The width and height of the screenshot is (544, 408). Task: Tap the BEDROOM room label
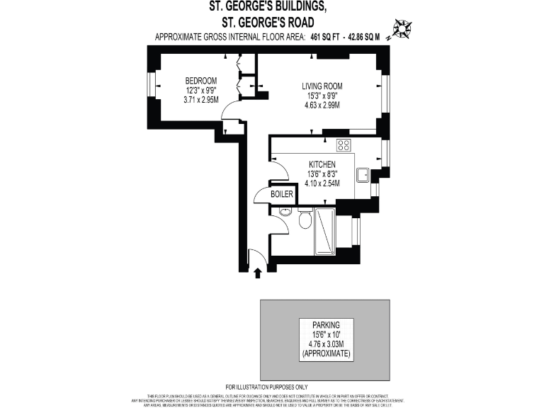201,80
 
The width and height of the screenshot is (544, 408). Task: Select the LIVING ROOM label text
322,86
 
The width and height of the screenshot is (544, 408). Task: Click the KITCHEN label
322,164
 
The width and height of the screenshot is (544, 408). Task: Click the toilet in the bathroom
306,220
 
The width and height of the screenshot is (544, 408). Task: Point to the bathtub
325,231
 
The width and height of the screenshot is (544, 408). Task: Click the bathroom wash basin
285,212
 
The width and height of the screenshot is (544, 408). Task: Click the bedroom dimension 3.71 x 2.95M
201,100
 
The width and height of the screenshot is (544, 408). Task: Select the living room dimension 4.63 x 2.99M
322,106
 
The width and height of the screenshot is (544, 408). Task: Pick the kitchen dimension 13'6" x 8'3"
322,174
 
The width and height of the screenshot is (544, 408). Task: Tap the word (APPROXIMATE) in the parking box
326,353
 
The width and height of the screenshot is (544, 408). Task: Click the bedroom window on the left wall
150,84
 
